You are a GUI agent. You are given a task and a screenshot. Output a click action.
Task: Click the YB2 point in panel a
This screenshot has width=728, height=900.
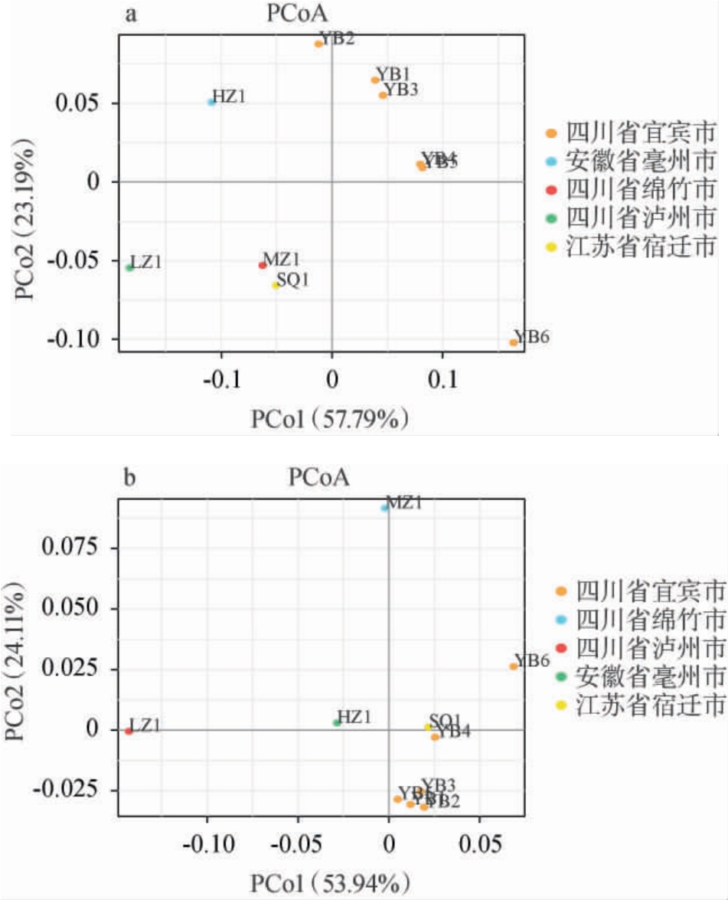click(x=318, y=44)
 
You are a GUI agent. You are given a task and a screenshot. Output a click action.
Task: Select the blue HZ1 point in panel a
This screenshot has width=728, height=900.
click(x=211, y=102)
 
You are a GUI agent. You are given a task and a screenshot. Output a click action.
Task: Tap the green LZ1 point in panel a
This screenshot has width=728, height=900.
click(x=129, y=267)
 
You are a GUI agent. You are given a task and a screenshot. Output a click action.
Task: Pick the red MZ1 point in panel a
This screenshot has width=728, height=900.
click(x=263, y=265)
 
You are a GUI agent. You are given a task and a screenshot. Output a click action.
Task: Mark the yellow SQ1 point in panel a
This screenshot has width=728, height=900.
click(x=276, y=285)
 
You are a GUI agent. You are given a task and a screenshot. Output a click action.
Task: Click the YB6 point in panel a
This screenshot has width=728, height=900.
click(x=513, y=342)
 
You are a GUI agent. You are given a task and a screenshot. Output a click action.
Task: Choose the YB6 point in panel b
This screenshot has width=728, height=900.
click(x=514, y=666)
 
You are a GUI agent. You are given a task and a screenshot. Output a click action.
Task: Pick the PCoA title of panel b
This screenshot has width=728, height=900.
click(x=318, y=479)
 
